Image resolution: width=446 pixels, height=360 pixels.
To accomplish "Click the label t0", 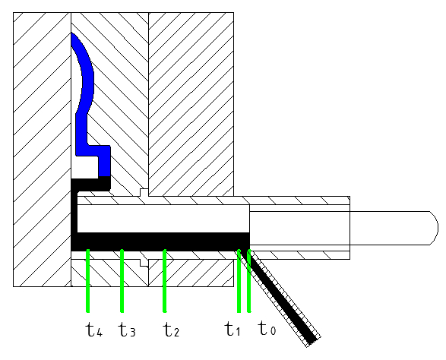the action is pos(267,328).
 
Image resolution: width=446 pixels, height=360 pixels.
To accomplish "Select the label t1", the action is pos(232,329).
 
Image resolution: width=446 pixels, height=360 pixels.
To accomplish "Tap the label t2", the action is pos(171,330).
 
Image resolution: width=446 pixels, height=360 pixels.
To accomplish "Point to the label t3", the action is pos(127,330).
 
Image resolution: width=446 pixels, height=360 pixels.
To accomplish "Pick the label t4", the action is pos(94,330).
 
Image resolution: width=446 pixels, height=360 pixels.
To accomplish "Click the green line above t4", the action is pos(88,281).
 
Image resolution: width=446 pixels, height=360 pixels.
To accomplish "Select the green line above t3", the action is pos(122,281).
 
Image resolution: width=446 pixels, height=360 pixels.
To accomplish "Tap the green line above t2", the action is pos(164,281).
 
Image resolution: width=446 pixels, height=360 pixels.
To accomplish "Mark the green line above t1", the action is pos(239,281).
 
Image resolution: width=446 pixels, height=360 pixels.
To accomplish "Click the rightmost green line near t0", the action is pos(249,281).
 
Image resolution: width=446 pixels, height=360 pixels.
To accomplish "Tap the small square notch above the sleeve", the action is pos(144,192).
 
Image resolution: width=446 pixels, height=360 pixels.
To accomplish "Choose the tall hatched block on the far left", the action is pos(42,150).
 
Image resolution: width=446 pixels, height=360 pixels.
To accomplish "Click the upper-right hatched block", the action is pos(191,104).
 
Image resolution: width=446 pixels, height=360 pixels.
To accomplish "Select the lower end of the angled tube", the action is pos(312,342).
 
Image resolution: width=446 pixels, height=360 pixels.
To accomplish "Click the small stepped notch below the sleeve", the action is pos(144,263).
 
